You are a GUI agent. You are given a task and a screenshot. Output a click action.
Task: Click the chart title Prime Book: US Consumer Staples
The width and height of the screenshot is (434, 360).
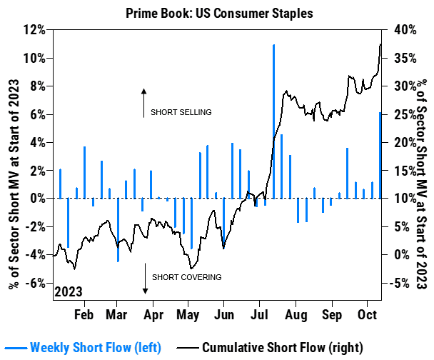click(x=216, y=13)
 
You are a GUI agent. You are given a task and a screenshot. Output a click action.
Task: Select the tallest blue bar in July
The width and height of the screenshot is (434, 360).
click(x=273, y=121)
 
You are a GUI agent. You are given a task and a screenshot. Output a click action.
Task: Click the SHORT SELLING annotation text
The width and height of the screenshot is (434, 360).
click(x=181, y=112)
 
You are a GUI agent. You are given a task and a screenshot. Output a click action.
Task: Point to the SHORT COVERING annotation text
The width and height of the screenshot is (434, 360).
click(x=186, y=277)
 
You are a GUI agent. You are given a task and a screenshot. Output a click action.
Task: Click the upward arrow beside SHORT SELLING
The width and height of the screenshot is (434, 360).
click(x=143, y=102)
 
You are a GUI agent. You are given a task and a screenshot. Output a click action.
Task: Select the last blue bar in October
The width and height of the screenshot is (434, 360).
click(x=380, y=155)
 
